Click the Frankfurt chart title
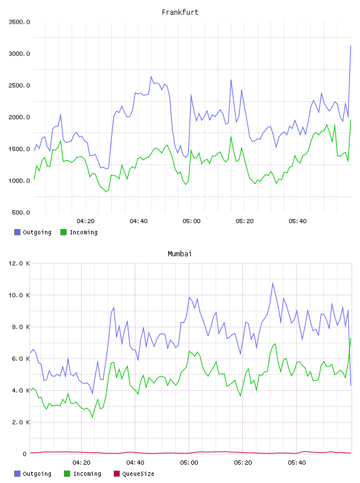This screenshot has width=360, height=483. coord(180,12)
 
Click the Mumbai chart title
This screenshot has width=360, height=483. coord(179,254)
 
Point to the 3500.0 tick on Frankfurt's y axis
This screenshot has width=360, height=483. coord(19,22)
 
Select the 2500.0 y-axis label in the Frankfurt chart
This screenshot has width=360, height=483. coord(19,85)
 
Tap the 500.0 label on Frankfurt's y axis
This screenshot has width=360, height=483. coord(21,212)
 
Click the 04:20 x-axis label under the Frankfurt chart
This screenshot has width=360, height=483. coord(85,221)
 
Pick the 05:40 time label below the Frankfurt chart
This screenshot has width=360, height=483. coord(297,221)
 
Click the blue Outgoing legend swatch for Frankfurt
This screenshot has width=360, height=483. coord(17,232)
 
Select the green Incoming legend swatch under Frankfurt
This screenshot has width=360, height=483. coord(63,232)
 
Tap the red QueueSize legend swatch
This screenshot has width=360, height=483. coord(117,474)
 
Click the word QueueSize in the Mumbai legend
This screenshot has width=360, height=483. coord(138,474)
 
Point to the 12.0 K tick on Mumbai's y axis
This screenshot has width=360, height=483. coord(19,263)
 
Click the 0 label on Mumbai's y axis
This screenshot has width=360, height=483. coord(25,454)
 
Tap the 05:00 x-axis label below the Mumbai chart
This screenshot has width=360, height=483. coord(189,463)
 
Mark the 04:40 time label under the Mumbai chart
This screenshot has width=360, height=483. coord(135,463)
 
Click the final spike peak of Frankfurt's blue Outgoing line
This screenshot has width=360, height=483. coord(351,46)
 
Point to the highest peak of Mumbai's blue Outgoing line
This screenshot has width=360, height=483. coord(272,283)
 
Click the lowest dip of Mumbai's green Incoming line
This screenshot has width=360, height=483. coord(92,417)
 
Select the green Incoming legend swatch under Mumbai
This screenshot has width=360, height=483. coord(67,474)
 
